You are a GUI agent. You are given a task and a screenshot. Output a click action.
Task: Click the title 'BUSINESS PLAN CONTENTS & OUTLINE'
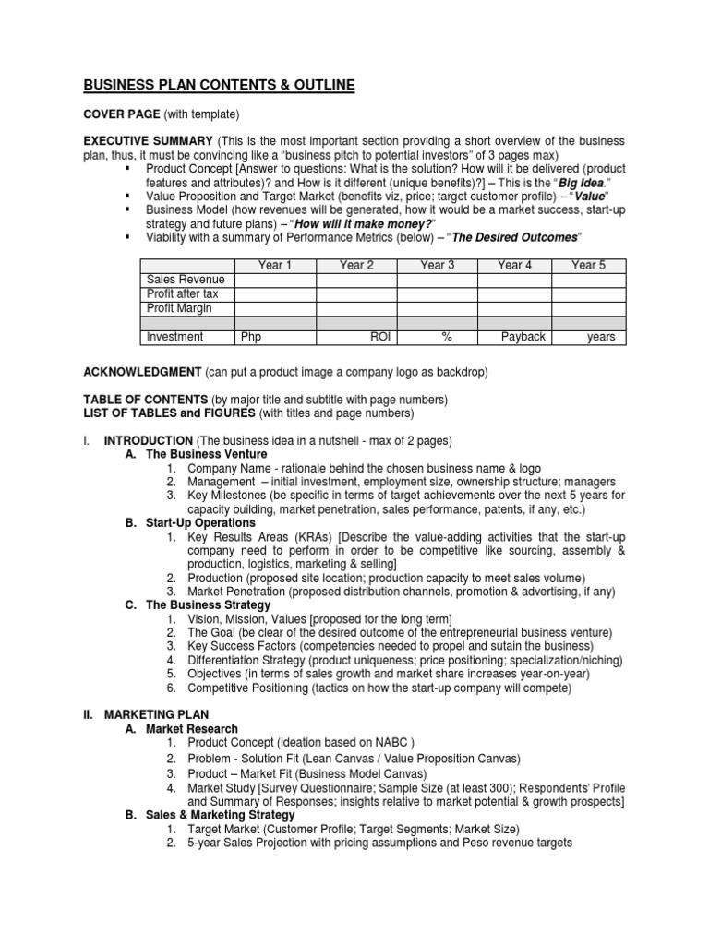pyautogui.click(x=219, y=86)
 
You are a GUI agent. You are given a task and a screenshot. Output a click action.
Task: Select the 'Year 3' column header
pyautogui.click(x=437, y=266)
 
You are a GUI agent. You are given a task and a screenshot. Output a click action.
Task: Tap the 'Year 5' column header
pyautogui.click(x=588, y=266)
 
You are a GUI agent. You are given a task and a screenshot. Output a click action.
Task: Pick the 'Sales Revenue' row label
pyautogui.click(x=186, y=280)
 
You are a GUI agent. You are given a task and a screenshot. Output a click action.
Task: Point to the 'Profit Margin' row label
pyautogui.click(x=179, y=308)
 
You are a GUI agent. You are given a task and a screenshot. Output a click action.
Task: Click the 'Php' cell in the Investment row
pyautogui.click(x=250, y=337)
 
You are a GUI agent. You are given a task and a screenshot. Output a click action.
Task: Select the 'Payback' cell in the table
pyautogui.click(x=523, y=337)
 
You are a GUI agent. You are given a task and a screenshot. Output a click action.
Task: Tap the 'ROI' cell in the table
pyautogui.click(x=380, y=337)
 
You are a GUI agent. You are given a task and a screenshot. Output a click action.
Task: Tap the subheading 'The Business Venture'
pyautogui.click(x=207, y=454)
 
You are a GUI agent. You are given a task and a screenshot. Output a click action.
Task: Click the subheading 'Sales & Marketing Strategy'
pyautogui.click(x=222, y=815)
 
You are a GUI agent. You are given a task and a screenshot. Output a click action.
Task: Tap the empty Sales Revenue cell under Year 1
pyautogui.click(x=275, y=280)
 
